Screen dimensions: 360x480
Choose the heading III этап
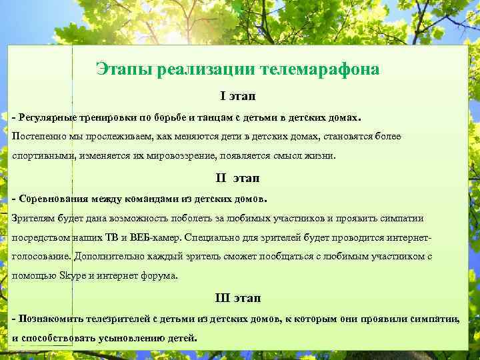pos(237,297)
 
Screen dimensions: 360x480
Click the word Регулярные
pos(47,118)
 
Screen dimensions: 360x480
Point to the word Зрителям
pos(34,218)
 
